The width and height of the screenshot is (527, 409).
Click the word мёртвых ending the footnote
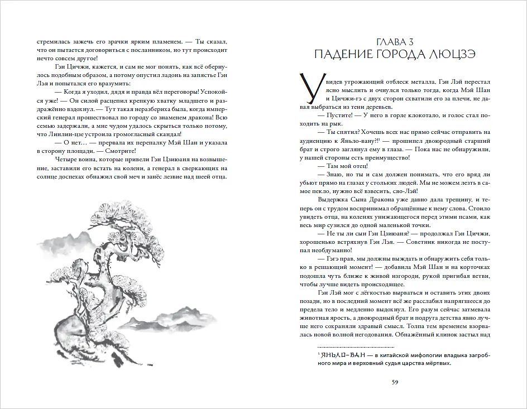click(x=435, y=363)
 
